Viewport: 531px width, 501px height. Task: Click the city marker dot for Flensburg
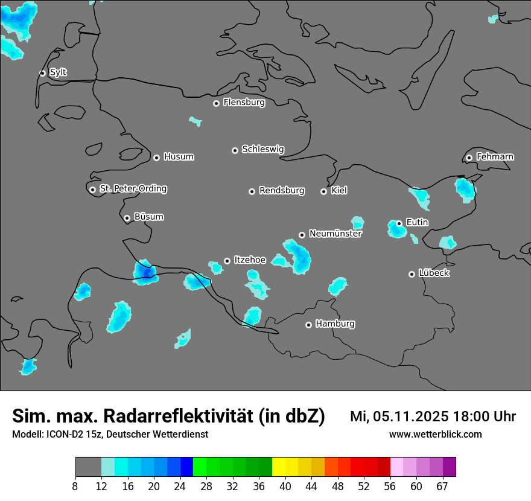tap(216, 103)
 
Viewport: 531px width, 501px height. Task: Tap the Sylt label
tap(58, 72)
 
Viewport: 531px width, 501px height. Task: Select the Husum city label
tap(179, 157)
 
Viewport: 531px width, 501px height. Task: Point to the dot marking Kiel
tap(323, 191)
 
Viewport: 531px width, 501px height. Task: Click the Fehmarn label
tap(495, 157)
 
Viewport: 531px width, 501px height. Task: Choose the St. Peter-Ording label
tap(133, 189)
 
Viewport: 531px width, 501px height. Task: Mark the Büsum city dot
tap(127, 218)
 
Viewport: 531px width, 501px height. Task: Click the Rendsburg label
tap(282, 191)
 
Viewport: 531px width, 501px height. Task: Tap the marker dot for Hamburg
tap(308, 325)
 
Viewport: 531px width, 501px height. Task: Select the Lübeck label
tap(434, 273)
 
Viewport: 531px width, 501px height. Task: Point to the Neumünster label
tap(335, 234)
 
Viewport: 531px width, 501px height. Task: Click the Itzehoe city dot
tap(227, 261)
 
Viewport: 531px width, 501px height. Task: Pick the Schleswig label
tap(262, 149)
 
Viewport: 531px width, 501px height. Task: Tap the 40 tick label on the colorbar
tap(285, 486)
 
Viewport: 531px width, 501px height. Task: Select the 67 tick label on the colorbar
tap(442, 486)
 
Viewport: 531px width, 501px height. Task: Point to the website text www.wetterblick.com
tap(435, 435)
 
